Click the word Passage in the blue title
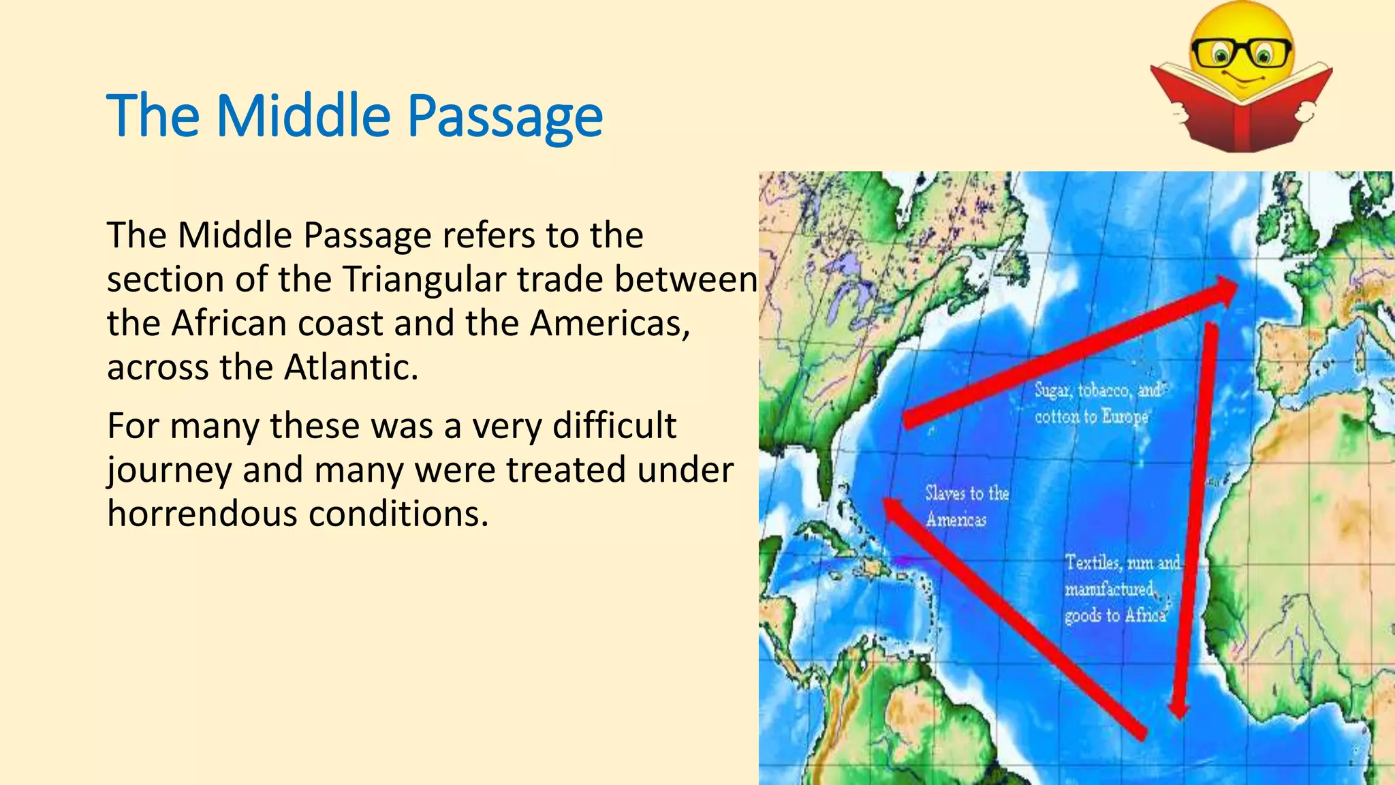505,116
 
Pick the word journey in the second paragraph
169,471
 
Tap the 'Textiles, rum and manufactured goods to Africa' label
1120,589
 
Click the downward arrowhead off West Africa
1178,709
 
